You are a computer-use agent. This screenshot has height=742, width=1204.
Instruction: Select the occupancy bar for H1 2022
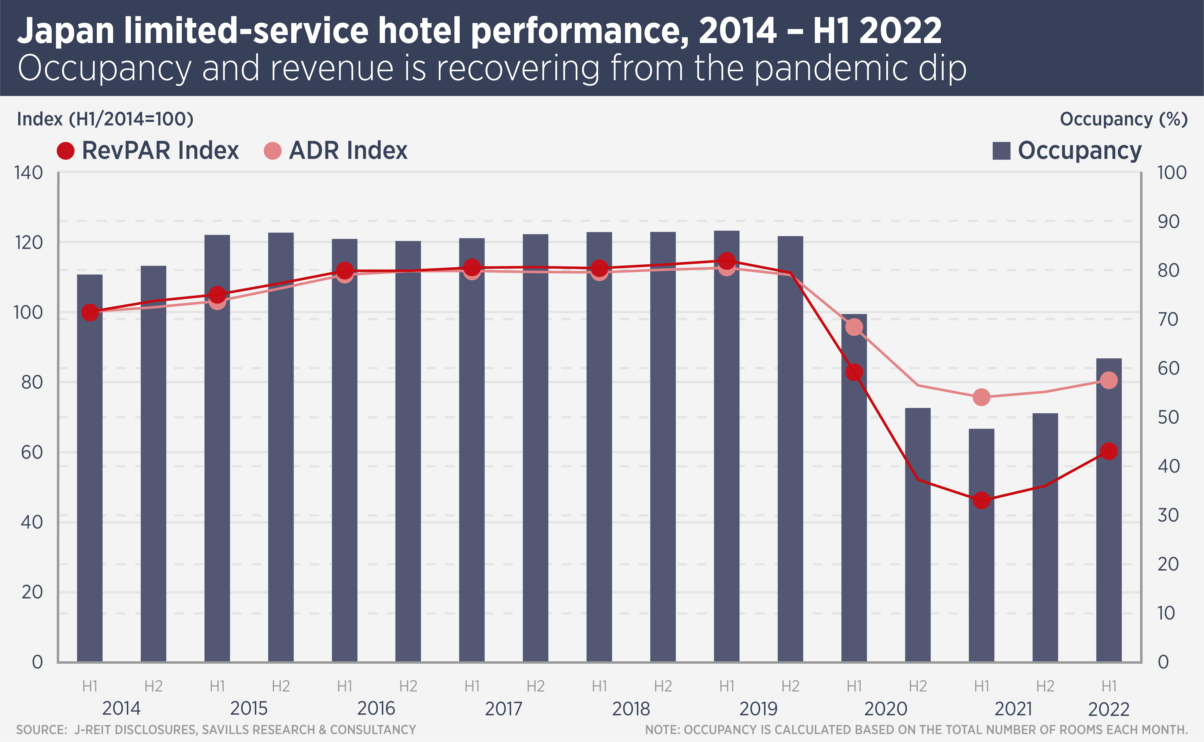[1109, 510]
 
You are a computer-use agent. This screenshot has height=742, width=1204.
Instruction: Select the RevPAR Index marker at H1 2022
[1109, 451]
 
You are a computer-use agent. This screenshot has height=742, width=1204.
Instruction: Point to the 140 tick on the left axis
[28, 173]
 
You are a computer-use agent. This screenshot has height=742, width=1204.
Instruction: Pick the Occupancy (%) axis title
[1123, 119]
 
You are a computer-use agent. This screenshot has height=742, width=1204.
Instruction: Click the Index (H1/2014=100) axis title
[105, 119]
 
